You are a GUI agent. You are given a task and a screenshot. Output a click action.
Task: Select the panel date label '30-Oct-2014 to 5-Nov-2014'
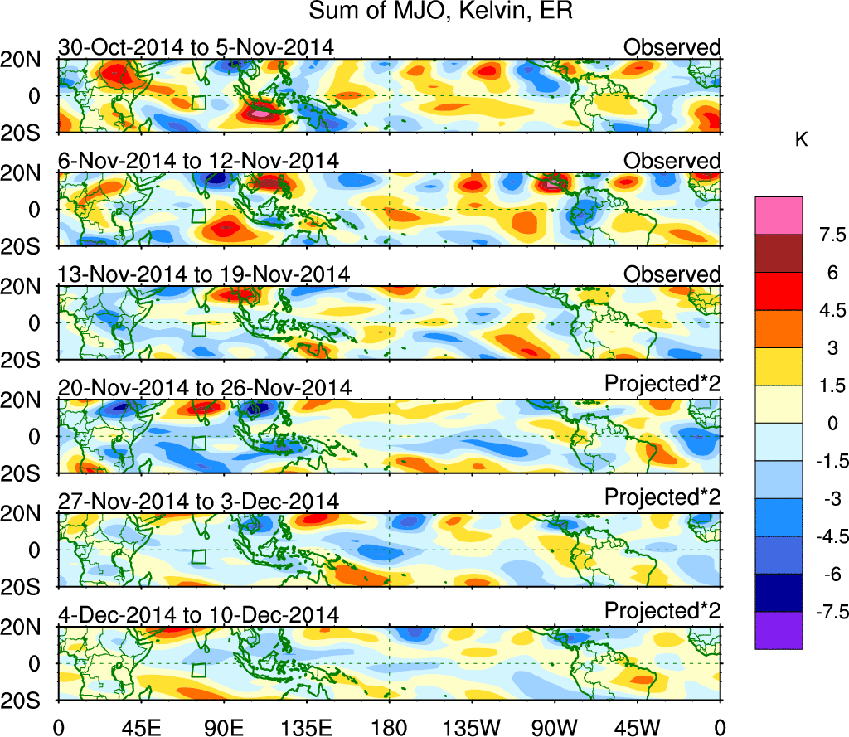[196, 47]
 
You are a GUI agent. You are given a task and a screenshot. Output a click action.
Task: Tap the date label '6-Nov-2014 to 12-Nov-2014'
[198, 160]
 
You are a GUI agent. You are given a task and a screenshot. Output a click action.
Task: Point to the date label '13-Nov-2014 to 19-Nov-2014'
[204, 274]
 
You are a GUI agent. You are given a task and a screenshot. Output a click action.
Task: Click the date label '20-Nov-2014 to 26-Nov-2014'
[205, 387]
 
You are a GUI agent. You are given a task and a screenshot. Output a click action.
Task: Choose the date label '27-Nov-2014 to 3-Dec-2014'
[198, 501]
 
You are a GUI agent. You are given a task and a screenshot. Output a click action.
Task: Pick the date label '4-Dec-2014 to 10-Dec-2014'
[198, 614]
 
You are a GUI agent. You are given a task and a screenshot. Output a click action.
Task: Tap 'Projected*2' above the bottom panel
[662, 611]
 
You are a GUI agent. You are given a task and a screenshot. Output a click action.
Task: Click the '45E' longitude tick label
[140, 726]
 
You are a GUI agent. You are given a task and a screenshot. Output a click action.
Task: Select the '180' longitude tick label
[389, 726]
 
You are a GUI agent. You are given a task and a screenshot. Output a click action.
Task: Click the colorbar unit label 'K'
[801, 140]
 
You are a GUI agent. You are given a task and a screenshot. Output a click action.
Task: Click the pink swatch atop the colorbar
[779, 216]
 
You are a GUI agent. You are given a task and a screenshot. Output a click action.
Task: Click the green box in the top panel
[198, 102]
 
